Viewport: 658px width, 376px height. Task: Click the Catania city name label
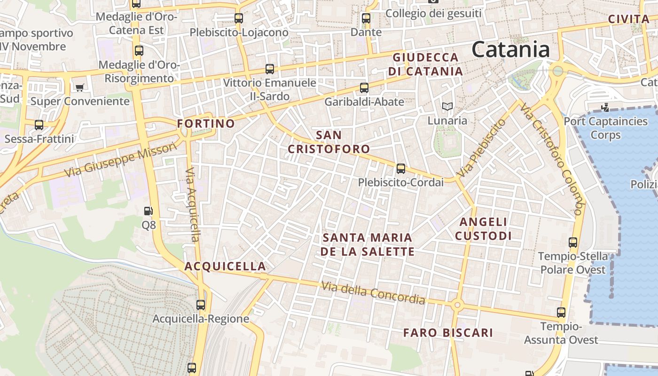pos(510,49)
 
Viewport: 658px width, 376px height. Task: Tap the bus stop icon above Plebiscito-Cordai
pos(401,168)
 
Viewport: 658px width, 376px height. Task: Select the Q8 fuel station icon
pos(149,211)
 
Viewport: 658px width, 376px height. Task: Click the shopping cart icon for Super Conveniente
pos(79,87)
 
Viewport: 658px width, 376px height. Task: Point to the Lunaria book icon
pos(447,107)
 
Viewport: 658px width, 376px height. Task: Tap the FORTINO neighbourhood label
pos(206,124)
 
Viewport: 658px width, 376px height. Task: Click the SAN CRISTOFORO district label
pos(329,142)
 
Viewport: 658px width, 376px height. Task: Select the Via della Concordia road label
pos(373,293)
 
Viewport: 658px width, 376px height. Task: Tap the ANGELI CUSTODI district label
pos(483,228)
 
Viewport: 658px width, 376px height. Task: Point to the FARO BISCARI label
pos(448,333)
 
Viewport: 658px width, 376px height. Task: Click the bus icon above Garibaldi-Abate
pos(364,87)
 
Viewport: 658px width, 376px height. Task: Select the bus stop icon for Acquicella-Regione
pos(201,305)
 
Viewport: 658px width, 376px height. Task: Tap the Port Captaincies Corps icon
pos(605,107)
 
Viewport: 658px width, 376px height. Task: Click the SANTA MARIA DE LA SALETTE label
pos(367,244)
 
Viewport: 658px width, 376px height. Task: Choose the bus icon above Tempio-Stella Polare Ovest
pos(572,243)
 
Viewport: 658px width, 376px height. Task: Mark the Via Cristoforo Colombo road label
pos(551,158)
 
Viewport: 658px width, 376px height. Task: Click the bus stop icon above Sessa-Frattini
pos(39,125)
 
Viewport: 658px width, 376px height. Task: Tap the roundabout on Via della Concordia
pos(457,305)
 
